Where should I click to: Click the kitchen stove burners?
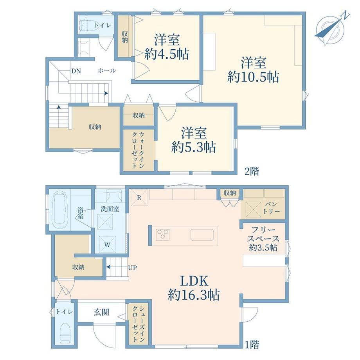[163, 234]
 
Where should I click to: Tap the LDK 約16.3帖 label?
[194, 288]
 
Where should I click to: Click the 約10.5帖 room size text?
[253, 77]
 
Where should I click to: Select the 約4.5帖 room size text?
[167, 54]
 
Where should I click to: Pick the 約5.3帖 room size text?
[194, 148]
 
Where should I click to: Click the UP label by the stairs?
[133, 268]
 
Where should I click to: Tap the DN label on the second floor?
[76, 71]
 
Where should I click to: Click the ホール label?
[107, 71]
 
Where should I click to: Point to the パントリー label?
[271, 208]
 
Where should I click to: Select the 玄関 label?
[101, 312]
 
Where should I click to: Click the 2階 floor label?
[252, 171]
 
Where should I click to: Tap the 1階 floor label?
[252, 344]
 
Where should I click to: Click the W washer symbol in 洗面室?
[107, 245]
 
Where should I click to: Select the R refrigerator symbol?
[139, 198]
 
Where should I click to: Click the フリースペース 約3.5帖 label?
[263, 239]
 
